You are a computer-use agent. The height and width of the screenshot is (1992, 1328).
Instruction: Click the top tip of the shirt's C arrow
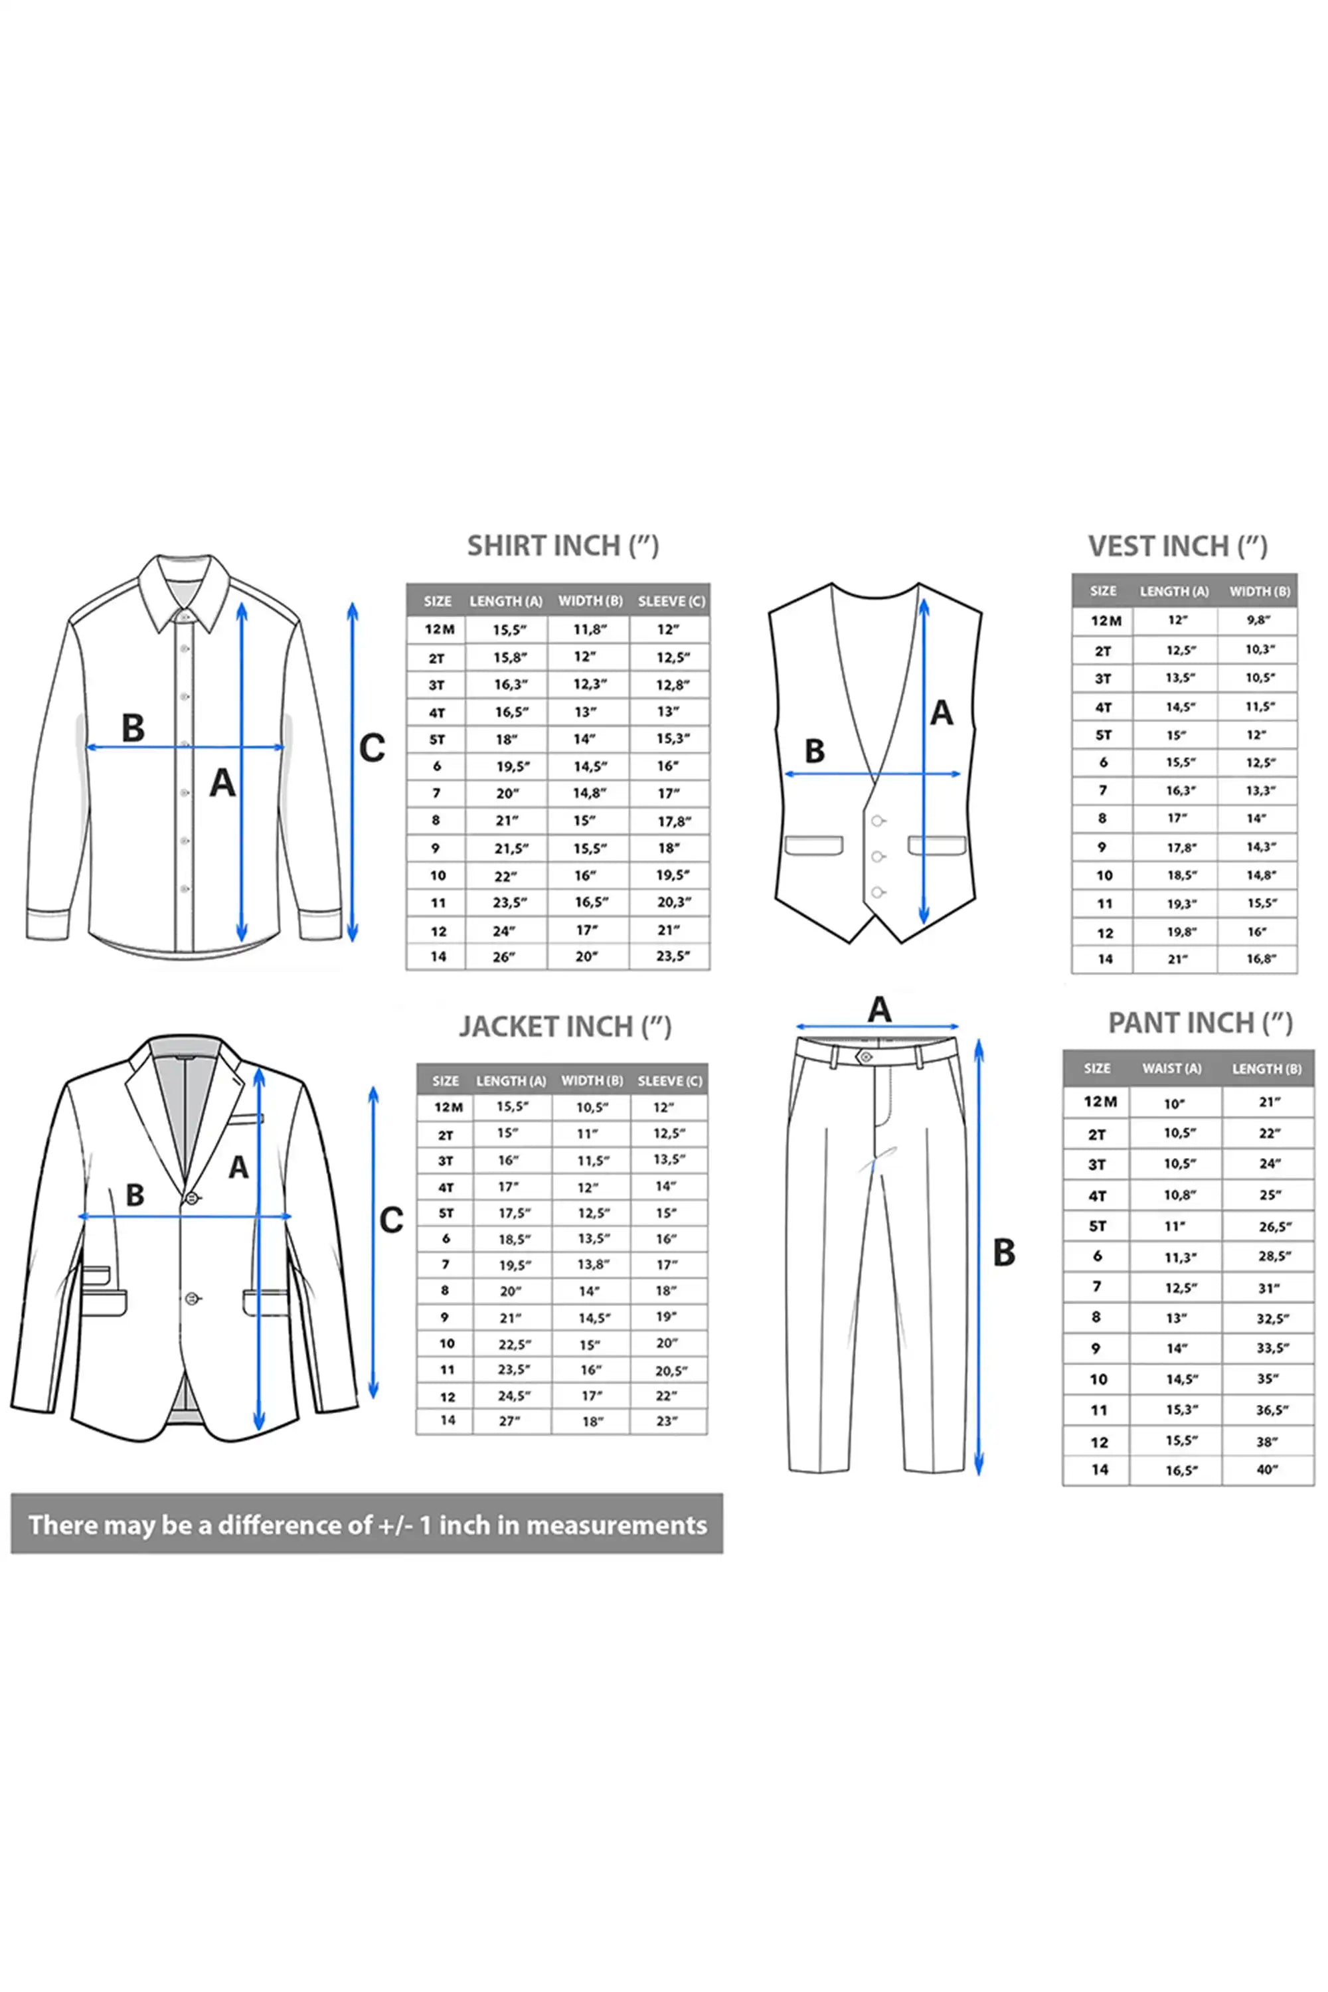tap(353, 603)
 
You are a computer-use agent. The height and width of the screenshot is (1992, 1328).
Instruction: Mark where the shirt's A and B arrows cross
tap(242, 747)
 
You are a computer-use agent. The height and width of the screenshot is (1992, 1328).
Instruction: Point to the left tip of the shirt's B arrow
tap(87, 747)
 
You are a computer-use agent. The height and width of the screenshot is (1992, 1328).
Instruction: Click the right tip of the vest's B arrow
tap(961, 774)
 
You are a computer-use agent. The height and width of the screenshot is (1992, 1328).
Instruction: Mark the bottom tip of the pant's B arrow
tap(979, 1475)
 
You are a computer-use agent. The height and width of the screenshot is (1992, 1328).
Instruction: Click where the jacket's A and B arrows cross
tap(259, 1216)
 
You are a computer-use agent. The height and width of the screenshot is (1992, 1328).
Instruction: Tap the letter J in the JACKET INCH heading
tap(467, 1027)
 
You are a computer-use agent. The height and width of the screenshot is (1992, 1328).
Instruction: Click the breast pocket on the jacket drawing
tap(245, 1119)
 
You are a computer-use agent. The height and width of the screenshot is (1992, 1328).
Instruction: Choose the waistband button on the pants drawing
tap(865, 1056)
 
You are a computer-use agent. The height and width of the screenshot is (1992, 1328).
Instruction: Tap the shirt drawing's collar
tap(184, 592)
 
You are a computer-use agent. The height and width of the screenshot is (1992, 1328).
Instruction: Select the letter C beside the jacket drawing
tap(390, 1220)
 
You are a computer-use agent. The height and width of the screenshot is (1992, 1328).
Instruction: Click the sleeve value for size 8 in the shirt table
tap(673, 821)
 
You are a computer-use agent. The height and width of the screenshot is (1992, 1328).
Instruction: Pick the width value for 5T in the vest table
tap(1257, 734)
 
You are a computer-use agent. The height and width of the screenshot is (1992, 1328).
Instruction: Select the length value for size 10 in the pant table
tap(1267, 1379)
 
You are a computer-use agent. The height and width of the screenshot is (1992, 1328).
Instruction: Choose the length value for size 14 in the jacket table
tap(509, 1421)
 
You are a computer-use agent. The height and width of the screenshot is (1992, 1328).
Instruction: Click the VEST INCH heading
tap(1177, 546)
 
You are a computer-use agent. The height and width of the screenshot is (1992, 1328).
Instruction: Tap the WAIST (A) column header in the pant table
tap(1171, 1069)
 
